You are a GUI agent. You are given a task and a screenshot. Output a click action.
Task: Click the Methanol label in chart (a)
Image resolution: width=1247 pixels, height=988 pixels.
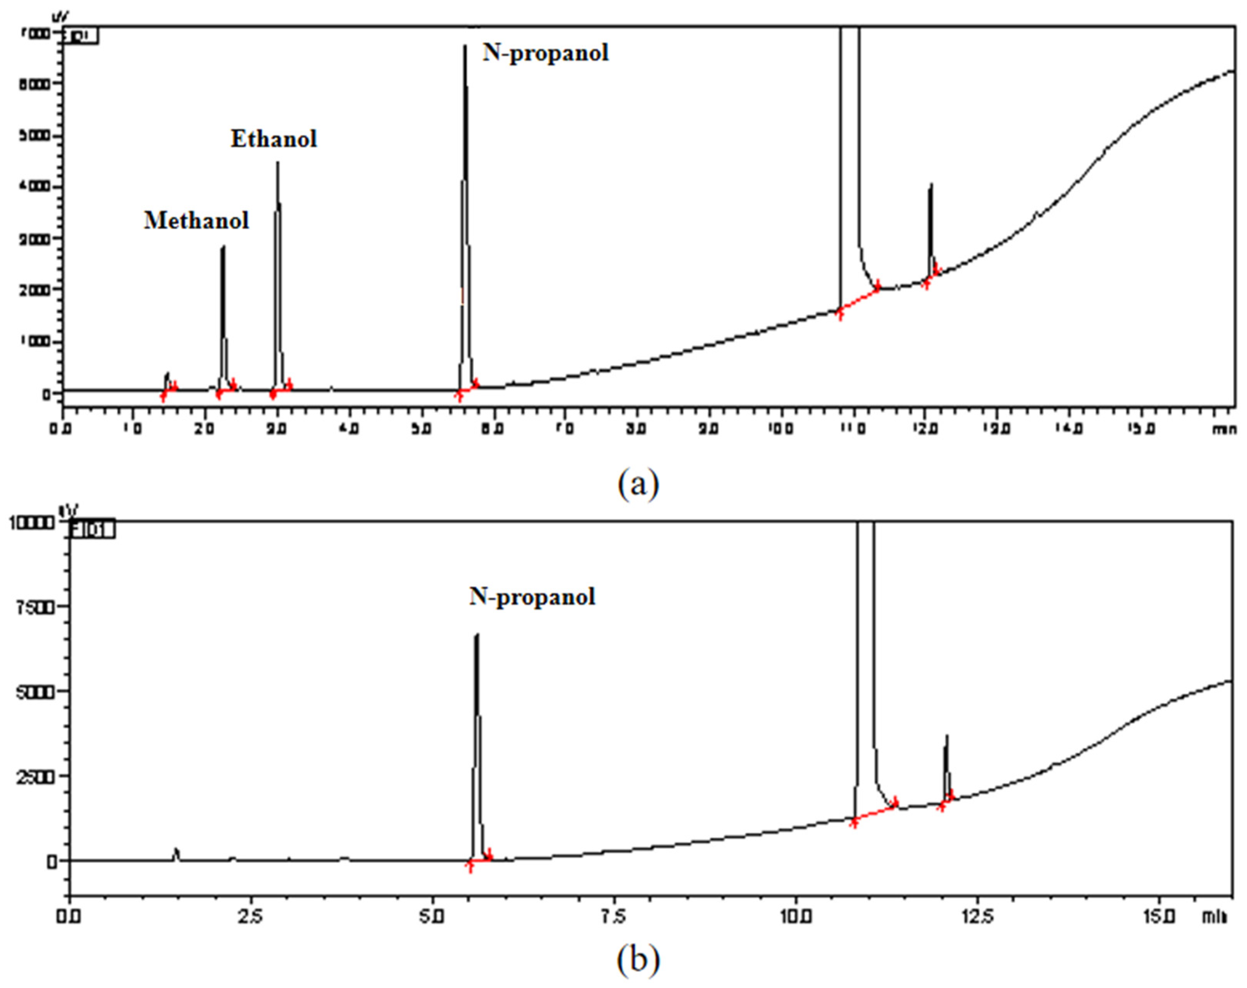[196, 220]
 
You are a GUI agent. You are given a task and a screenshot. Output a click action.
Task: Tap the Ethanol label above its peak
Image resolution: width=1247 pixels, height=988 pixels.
[274, 139]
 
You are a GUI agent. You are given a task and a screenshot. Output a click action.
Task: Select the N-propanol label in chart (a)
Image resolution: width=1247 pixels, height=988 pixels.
[546, 53]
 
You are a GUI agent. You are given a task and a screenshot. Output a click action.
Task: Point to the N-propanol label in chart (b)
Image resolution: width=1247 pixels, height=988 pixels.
[532, 596]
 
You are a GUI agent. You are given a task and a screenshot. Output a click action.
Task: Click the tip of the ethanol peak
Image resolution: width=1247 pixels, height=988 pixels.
[278, 163]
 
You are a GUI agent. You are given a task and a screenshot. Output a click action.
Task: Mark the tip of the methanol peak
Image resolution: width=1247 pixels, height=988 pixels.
[223, 247]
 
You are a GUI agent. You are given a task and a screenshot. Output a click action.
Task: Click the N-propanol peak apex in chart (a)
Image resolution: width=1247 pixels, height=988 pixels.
[464, 46]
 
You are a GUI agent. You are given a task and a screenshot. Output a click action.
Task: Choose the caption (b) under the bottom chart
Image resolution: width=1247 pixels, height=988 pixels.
[638, 960]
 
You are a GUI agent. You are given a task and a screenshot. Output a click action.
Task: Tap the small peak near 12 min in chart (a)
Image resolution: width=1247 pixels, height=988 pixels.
[931, 185]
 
